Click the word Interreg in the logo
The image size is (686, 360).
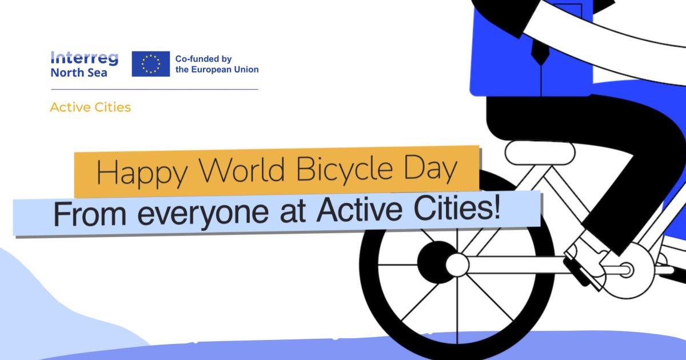click(84, 58)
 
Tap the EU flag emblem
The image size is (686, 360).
click(151, 63)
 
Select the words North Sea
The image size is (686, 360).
click(79, 73)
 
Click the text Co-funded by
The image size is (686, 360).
click(204, 58)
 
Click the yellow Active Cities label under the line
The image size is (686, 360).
click(90, 107)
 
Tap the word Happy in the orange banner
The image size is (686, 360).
click(142, 173)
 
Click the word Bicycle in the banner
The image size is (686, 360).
click(345, 169)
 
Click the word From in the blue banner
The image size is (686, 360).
click(89, 214)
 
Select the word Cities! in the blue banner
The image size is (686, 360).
click(457, 208)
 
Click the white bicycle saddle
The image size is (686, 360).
click(540, 153)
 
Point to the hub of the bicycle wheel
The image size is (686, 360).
click(457, 265)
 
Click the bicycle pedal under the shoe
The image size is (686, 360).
click(580, 273)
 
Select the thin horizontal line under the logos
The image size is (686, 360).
click(155, 89)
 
